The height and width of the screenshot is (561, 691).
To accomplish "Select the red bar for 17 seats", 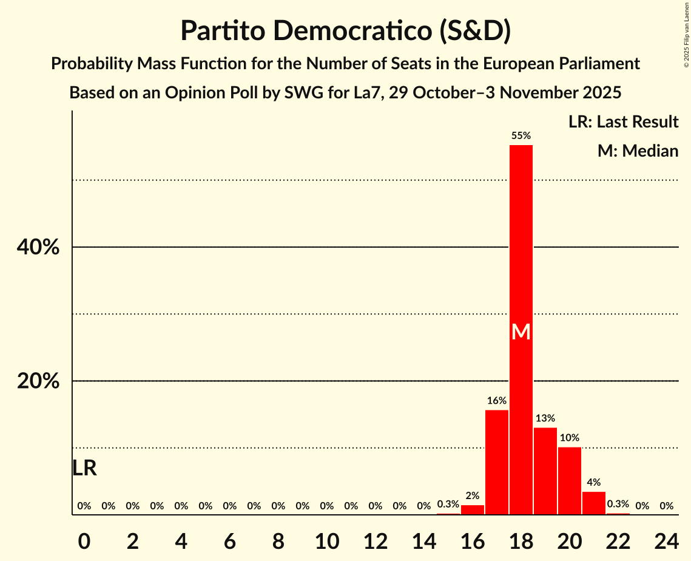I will point(496,462).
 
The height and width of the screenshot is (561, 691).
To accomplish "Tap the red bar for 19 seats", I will point(545,471).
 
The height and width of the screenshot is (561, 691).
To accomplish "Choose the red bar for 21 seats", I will point(593,503).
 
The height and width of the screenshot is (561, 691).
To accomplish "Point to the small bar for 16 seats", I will point(472,510).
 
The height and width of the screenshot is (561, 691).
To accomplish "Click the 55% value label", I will point(521,136).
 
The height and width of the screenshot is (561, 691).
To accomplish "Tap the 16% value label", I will point(496,401).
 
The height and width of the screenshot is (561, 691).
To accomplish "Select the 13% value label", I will point(545,418).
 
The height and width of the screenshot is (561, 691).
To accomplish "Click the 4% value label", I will point(593,483).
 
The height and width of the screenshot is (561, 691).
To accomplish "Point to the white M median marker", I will point(521,332).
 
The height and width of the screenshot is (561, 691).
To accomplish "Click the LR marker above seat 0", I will point(84,468).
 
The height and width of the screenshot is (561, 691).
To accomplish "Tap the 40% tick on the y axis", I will point(38,248).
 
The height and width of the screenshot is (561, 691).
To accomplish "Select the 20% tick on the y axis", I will point(38,381).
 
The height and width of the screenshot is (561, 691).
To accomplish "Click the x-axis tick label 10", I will point(326,539).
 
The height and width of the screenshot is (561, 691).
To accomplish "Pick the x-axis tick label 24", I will point(666,539).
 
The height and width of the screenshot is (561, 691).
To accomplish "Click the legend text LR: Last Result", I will point(623,122).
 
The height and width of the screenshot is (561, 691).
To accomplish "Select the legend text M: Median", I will point(638,151).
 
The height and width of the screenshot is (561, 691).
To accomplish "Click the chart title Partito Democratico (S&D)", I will point(345,31).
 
